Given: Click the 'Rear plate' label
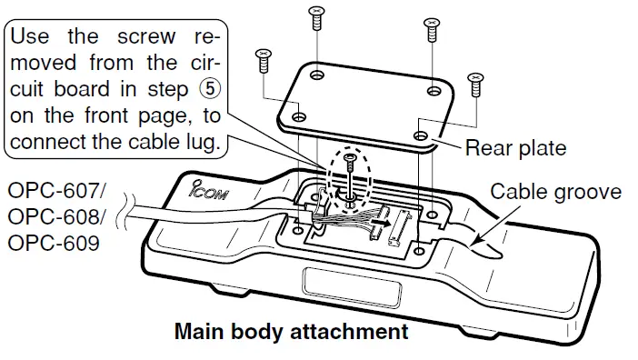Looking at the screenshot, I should click(515, 148).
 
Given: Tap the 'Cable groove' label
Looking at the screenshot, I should click(555, 192).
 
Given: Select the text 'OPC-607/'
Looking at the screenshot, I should click(56, 193).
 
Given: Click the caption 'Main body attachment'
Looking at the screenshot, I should click(291, 332).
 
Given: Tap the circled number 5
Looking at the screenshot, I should click(210, 91).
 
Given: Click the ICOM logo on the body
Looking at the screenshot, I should click(212, 193).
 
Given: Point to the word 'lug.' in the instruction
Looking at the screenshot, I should click(198, 143).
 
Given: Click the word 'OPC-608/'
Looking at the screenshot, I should click(56, 220).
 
